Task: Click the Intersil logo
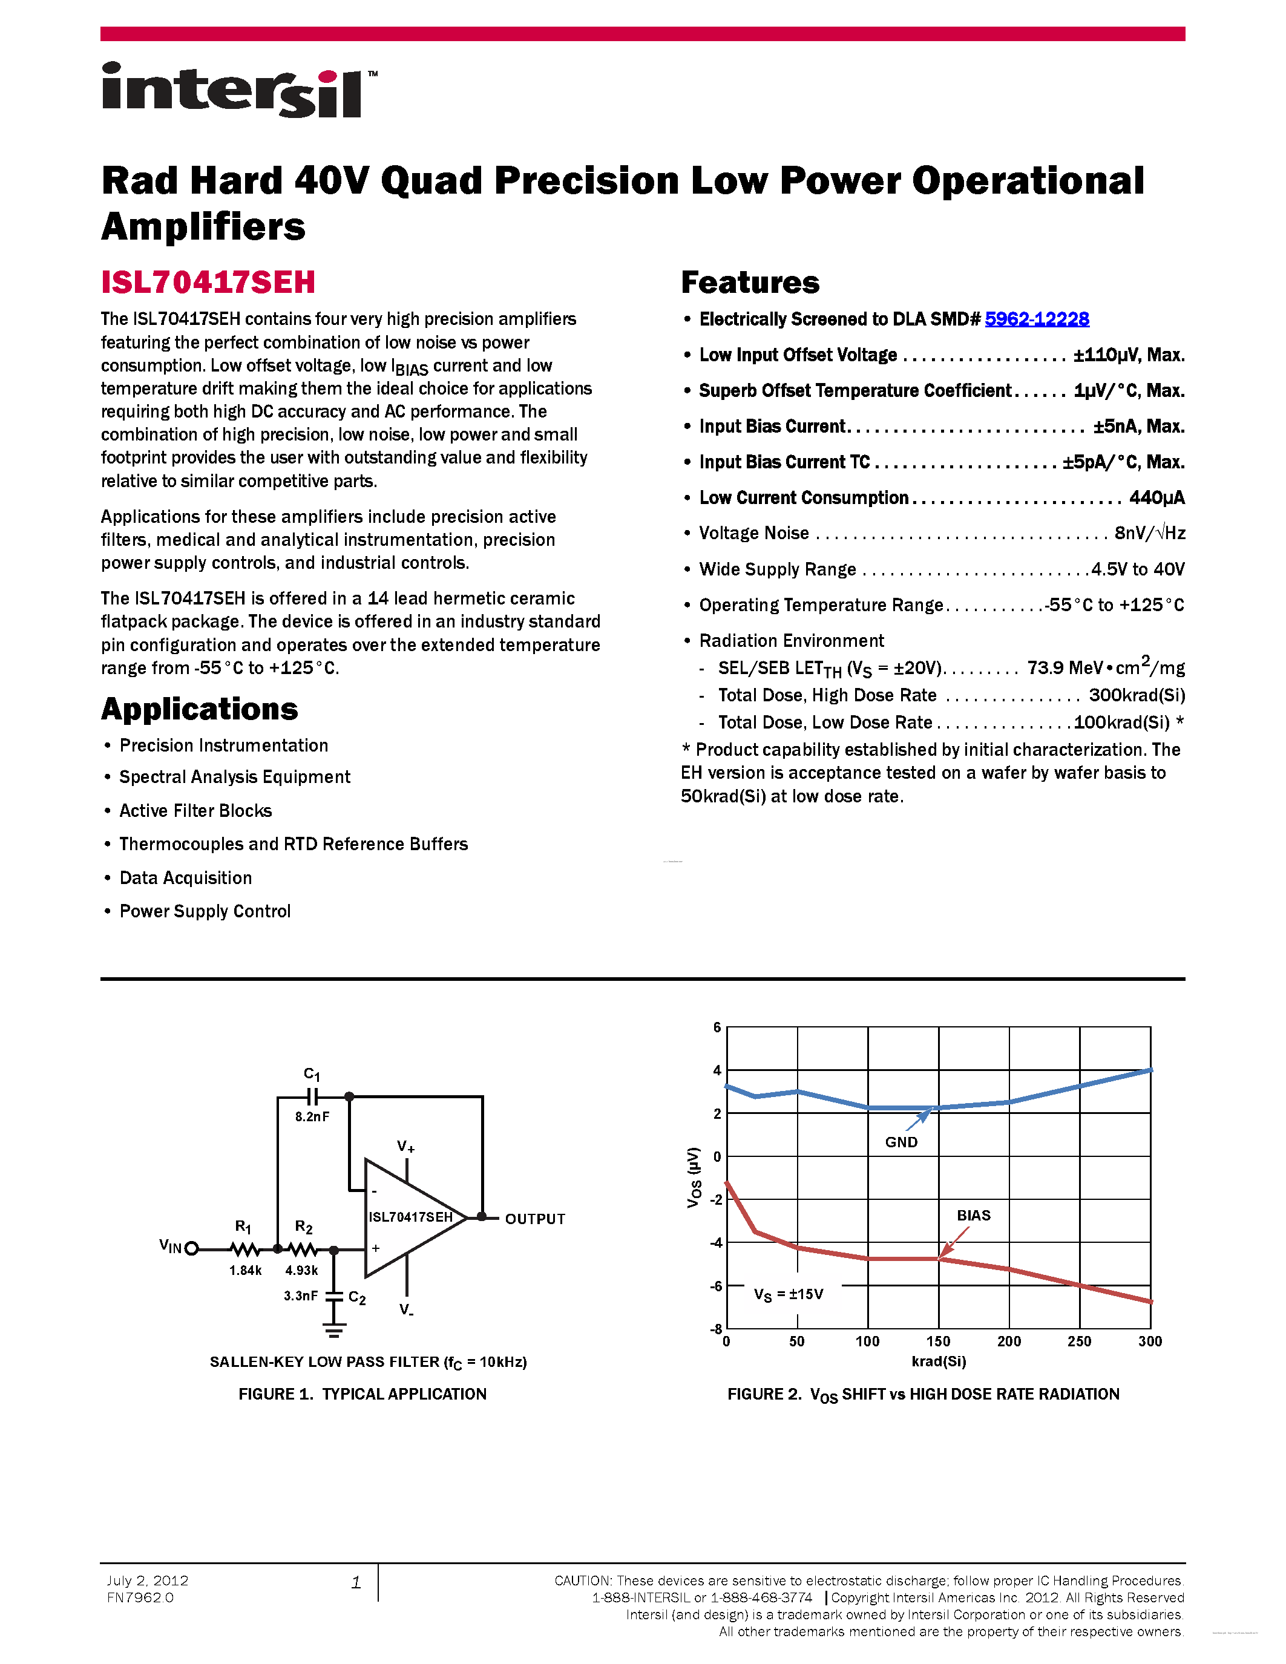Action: [238, 91]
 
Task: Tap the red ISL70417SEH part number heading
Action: [208, 283]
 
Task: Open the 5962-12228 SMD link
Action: [1036, 319]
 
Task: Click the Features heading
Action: [750, 283]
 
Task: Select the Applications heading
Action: [200, 709]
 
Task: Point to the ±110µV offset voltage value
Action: [1128, 355]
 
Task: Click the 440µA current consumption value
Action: [1156, 498]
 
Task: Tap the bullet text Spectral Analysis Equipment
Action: [235, 777]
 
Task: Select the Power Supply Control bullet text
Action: [205, 911]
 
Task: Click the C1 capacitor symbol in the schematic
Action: [312, 1096]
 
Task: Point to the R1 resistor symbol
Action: [244, 1250]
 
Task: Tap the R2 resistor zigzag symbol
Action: [304, 1250]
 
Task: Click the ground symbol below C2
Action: [333, 1330]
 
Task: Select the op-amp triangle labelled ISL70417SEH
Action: [412, 1217]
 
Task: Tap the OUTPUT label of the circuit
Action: [535, 1219]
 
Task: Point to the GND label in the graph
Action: [901, 1142]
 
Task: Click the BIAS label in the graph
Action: [974, 1215]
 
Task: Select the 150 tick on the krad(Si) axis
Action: [938, 1341]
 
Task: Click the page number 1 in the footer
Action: [356, 1582]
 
